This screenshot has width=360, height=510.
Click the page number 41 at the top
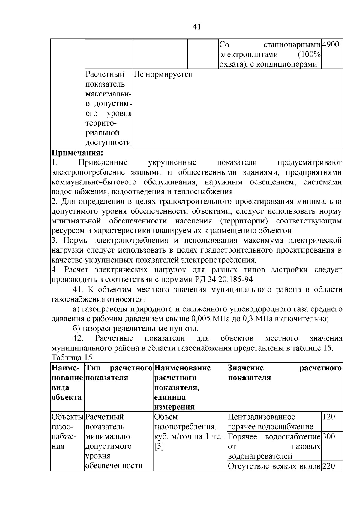[x=196, y=27]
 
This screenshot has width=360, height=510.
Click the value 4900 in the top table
[x=331, y=45]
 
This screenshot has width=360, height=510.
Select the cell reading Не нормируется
[x=162, y=74]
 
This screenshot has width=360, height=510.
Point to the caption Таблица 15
[x=72, y=358]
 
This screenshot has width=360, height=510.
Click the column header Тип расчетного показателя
[x=119, y=373]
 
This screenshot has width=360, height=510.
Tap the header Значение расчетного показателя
[x=284, y=373]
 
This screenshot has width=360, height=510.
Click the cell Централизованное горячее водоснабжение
[x=270, y=422]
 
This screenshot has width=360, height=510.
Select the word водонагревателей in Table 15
[x=260, y=456]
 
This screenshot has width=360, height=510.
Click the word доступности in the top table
[x=108, y=143]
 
